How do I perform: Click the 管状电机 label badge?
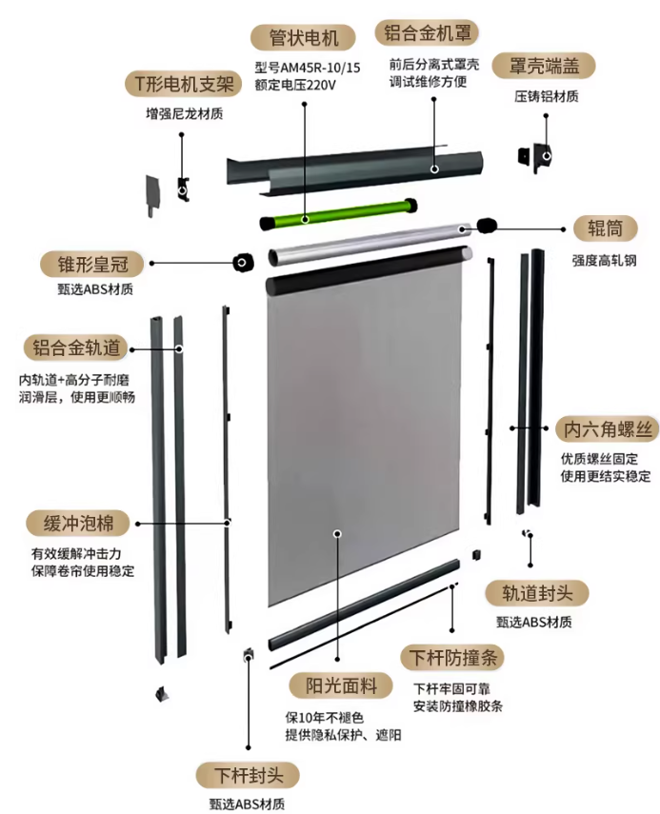pos(303,38)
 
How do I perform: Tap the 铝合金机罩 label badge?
pos(427,33)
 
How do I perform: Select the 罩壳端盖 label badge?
pos(544,66)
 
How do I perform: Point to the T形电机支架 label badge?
pos(183,84)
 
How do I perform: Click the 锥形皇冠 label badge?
pos(92,265)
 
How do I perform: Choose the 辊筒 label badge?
pos(605,228)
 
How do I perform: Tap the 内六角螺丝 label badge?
pos(607,429)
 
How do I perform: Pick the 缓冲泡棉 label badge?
pos(78,524)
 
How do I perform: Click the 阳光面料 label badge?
pos(341,685)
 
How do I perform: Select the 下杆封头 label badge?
pos(248,776)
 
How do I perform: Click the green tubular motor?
pos(339,213)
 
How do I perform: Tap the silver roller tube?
pos(370,243)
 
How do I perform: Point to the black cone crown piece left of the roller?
pos(243,262)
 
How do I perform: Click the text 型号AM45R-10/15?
pos(307,68)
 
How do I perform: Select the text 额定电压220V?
pos(295,85)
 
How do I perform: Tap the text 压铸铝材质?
pos(547,96)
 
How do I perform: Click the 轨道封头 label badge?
pos(536,593)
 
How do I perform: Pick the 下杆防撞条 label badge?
pos(452,658)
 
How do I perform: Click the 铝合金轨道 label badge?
pos(76,347)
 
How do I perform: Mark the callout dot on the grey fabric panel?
pos(337,534)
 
